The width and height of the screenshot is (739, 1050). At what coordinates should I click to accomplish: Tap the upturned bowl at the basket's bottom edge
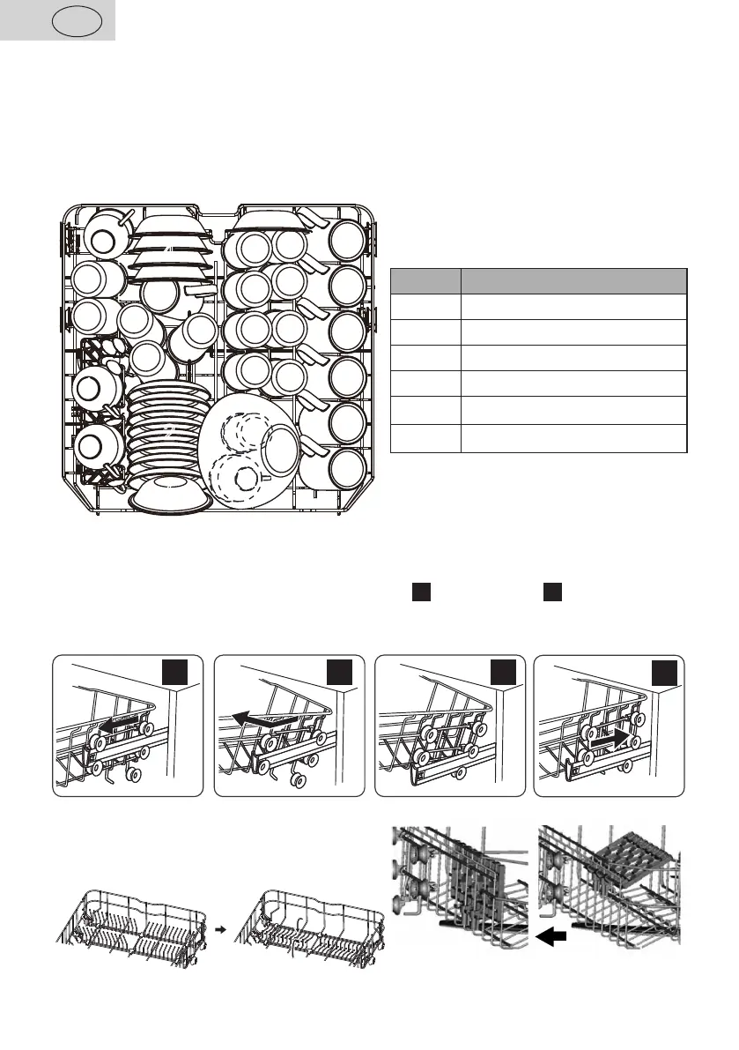167,497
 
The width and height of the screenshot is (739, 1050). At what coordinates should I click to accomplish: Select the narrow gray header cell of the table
425,281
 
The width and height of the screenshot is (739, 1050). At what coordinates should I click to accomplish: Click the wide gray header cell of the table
573,281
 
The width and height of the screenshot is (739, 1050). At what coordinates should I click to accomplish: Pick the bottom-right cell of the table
573,438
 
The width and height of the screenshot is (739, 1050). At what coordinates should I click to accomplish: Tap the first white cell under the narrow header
425,307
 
